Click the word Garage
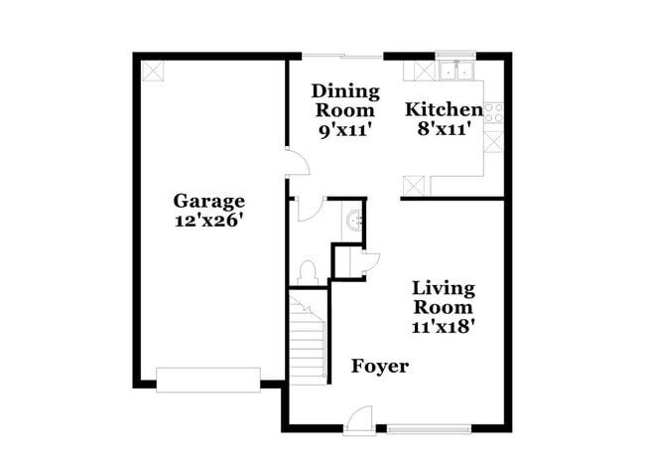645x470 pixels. coord(207,201)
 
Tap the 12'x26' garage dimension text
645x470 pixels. coord(207,221)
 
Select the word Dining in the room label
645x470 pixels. coord(345,92)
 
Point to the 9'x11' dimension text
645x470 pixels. coord(344,129)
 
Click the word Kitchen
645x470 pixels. coord(444,110)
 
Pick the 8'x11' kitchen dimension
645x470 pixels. coord(444,129)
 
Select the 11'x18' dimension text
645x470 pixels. coord(444,325)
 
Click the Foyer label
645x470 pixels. coord(380,367)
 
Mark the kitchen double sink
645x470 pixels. coord(457,71)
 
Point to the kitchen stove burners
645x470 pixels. coord(493,111)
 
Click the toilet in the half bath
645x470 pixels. coord(308,271)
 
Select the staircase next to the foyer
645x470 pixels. coord(310,339)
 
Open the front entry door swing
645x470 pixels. coord(362,419)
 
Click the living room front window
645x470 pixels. coord(427,429)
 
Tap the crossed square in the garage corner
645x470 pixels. coord(153,72)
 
